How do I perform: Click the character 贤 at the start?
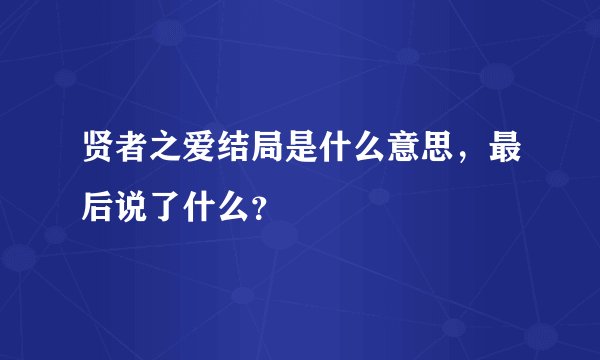pos(100,157)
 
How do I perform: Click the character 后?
pos(100,205)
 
